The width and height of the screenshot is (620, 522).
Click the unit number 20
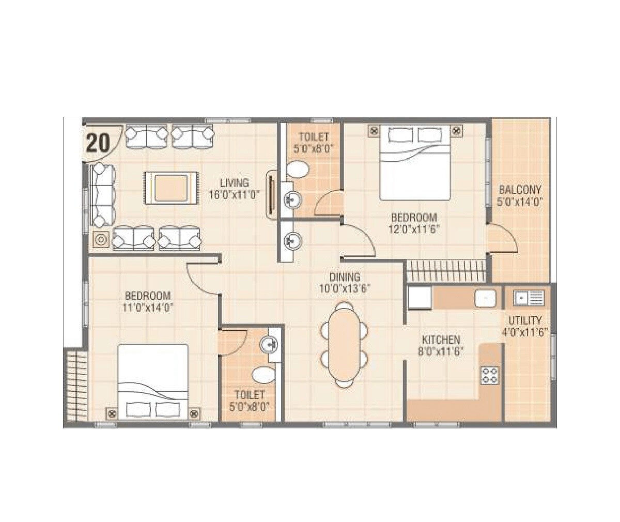(x=98, y=142)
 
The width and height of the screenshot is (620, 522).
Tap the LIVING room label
(x=234, y=182)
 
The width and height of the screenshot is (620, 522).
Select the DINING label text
(x=345, y=277)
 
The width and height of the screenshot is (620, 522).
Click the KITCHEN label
(x=441, y=340)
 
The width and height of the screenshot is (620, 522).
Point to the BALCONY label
(x=519, y=189)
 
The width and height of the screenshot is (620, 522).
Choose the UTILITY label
(x=524, y=320)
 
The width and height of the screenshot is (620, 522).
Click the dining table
(x=345, y=345)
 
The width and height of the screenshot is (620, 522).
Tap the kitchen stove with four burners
(x=489, y=375)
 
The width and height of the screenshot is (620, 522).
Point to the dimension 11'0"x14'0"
(x=148, y=308)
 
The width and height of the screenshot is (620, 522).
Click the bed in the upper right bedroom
(x=415, y=163)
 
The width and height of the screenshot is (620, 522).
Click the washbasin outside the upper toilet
(x=294, y=240)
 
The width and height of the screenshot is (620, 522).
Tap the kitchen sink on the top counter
(x=485, y=298)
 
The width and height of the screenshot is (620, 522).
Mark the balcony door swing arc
(x=504, y=238)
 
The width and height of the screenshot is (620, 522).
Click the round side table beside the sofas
(x=100, y=240)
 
